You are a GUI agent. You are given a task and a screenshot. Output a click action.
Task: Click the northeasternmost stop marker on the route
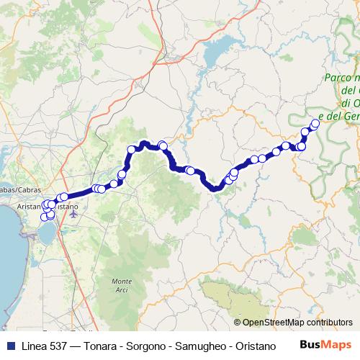tap(315, 122)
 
